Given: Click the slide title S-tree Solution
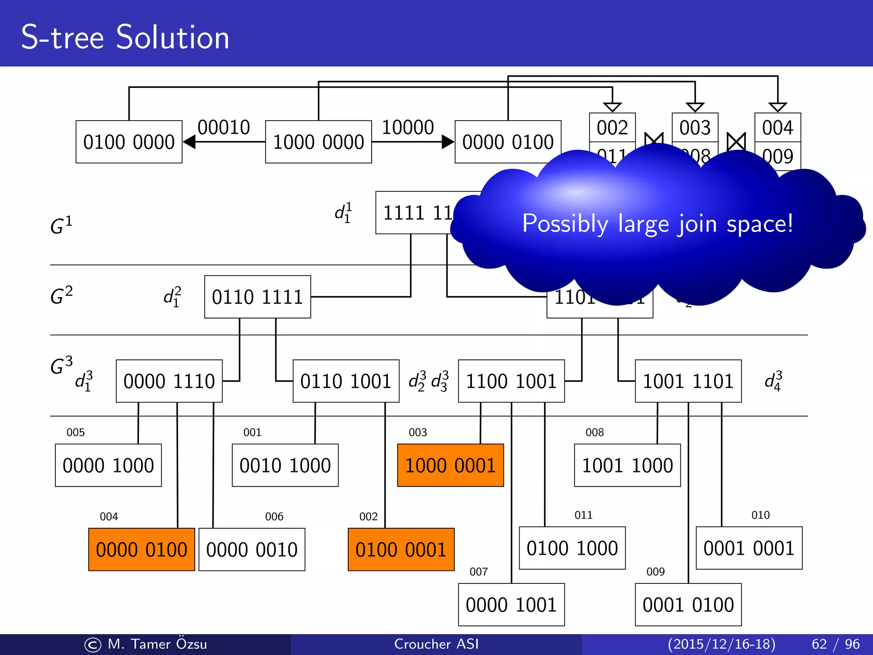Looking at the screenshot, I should pyautogui.click(x=125, y=38).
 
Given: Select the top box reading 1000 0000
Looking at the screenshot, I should pyautogui.click(x=318, y=142).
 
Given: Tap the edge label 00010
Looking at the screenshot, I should pyautogui.click(x=224, y=127).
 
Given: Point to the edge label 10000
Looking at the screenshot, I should pyautogui.click(x=408, y=127).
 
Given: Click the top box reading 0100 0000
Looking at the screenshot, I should pyautogui.click(x=129, y=142).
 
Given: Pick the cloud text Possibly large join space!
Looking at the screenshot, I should pyautogui.click(x=657, y=223).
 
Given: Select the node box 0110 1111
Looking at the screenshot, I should pyautogui.click(x=257, y=297).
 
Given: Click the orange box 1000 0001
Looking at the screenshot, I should pyautogui.click(x=450, y=465).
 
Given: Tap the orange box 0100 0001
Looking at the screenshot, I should pyautogui.click(x=401, y=549).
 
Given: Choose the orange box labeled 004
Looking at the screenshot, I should pyautogui.click(x=142, y=549).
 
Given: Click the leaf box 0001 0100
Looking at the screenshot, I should pyautogui.click(x=688, y=605).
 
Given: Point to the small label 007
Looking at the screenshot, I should pyautogui.click(x=478, y=571).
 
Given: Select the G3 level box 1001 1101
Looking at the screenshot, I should pyautogui.click(x=688, y=381).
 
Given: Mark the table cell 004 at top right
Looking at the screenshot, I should pyautogui.click(x=778, y=128).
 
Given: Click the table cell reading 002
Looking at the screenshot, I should pyautogui.click(x=612, y=128).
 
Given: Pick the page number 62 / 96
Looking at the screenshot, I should pyautogui.click(x=835, y=644).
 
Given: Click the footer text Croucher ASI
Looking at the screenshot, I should pyautogui.click(x=436, y=644).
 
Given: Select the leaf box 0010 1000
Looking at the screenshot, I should pyautogui.click(x=285, y=465).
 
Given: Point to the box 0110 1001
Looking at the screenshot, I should pyautogui.click(x=346, y=381).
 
